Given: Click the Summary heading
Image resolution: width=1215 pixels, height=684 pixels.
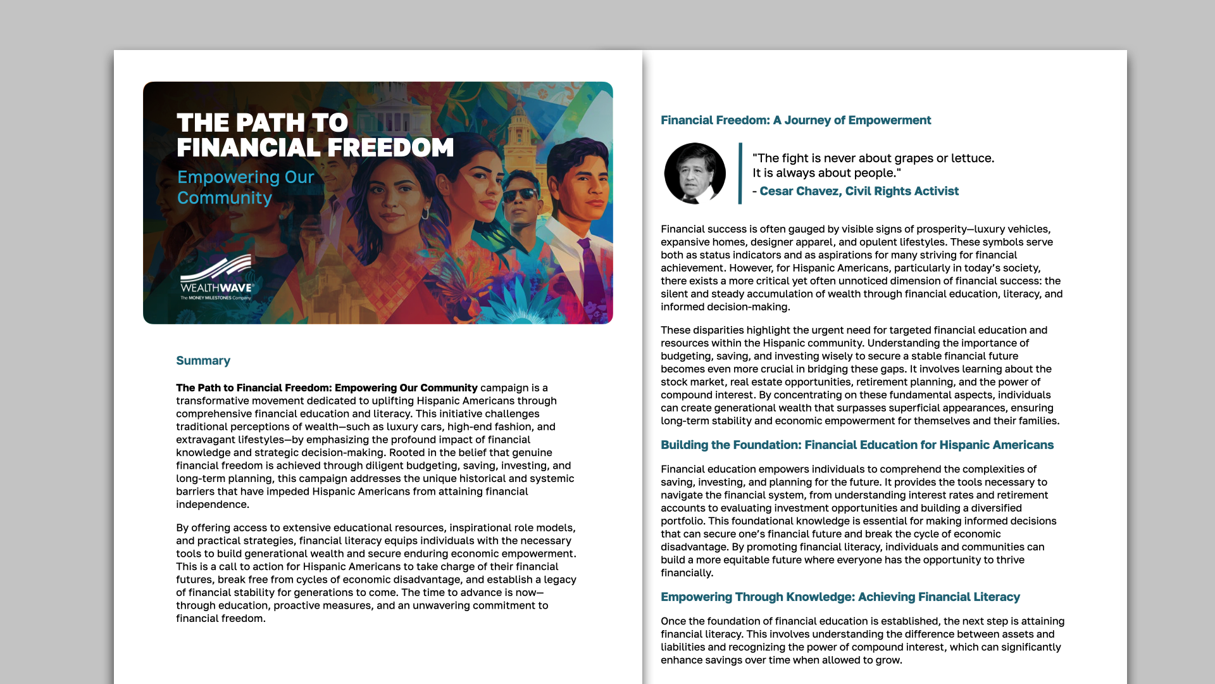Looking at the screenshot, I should (x=203, y=360).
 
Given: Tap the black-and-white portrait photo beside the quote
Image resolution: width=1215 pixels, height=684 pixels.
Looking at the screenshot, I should (x=695, y=173).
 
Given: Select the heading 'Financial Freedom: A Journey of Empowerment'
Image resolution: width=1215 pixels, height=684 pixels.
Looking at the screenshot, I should (x=795, y=120).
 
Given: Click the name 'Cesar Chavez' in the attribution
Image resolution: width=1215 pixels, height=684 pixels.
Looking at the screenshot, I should (x=799, y=191).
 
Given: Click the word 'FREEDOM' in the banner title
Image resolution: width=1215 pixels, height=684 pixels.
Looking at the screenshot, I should (x=390, y=148).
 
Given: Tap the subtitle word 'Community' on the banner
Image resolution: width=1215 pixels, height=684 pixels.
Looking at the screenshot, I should (x=225, y=198).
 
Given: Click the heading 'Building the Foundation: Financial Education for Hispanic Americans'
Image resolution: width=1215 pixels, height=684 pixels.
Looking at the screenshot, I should (x=857, y=445).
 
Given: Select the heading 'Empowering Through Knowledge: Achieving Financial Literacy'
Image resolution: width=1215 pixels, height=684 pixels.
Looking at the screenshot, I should (x=840, y=597).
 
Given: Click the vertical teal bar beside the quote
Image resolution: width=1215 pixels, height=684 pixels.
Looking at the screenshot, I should (x=740, y=173).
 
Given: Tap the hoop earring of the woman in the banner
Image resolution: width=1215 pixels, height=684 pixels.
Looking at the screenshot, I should (x=425, y=213).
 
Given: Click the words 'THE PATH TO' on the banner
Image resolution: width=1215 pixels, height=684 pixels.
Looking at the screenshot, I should (x=262, y=123).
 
